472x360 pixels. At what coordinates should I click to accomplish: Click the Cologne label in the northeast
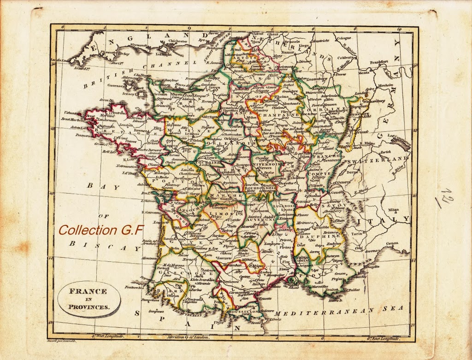pos(344,39)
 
